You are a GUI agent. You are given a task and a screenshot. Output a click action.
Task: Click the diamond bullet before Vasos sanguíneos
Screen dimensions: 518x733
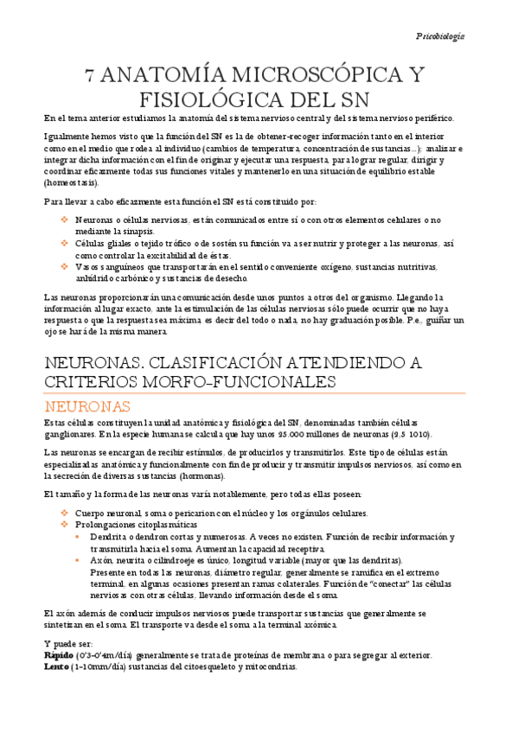click(x=64, y=267)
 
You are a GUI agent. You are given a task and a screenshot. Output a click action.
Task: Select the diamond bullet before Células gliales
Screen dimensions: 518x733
click(x=64, y=243)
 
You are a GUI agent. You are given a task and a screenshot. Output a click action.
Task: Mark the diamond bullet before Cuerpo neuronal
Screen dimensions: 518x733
click(x=64, y=513)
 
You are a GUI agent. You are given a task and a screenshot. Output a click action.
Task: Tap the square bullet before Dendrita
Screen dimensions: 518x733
click(x=79, y=537)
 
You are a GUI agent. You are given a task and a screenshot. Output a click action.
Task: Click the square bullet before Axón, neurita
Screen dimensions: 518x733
click(x=79, y=560)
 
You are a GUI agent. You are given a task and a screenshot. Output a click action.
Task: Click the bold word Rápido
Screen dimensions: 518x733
click(x=60, y=655)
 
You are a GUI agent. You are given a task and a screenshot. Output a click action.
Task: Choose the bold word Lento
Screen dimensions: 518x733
click(x=57, y=666)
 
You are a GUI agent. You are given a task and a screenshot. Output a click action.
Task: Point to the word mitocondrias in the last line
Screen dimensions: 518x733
click(x=268, y=666)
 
